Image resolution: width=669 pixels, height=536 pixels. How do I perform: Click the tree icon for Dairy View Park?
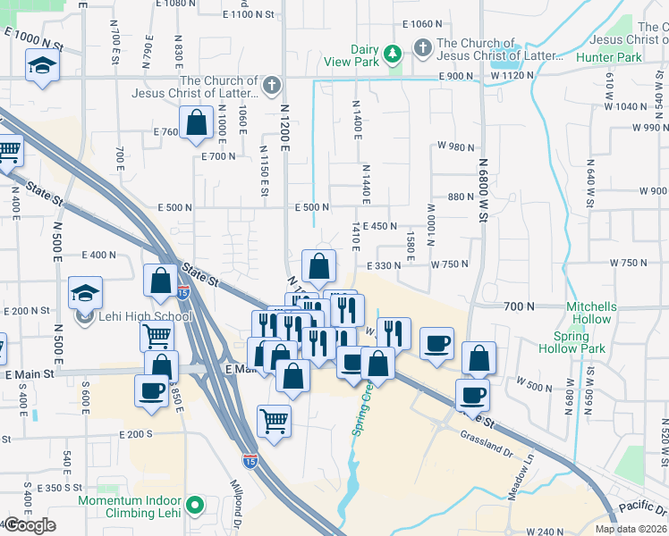[x=391, y=55]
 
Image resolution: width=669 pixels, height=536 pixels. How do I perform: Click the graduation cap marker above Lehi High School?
[x=85, y=292]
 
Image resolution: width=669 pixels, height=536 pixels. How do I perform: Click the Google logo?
[x=30, y=525]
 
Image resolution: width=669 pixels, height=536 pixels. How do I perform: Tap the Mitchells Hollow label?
[x=589, y=313]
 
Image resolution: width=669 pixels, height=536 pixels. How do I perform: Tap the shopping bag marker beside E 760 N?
[x=195, y=123]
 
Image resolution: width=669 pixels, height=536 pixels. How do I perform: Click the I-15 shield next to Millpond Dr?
[x=249, y=461]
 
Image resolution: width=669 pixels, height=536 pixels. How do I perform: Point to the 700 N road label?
[x=519, y=306]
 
